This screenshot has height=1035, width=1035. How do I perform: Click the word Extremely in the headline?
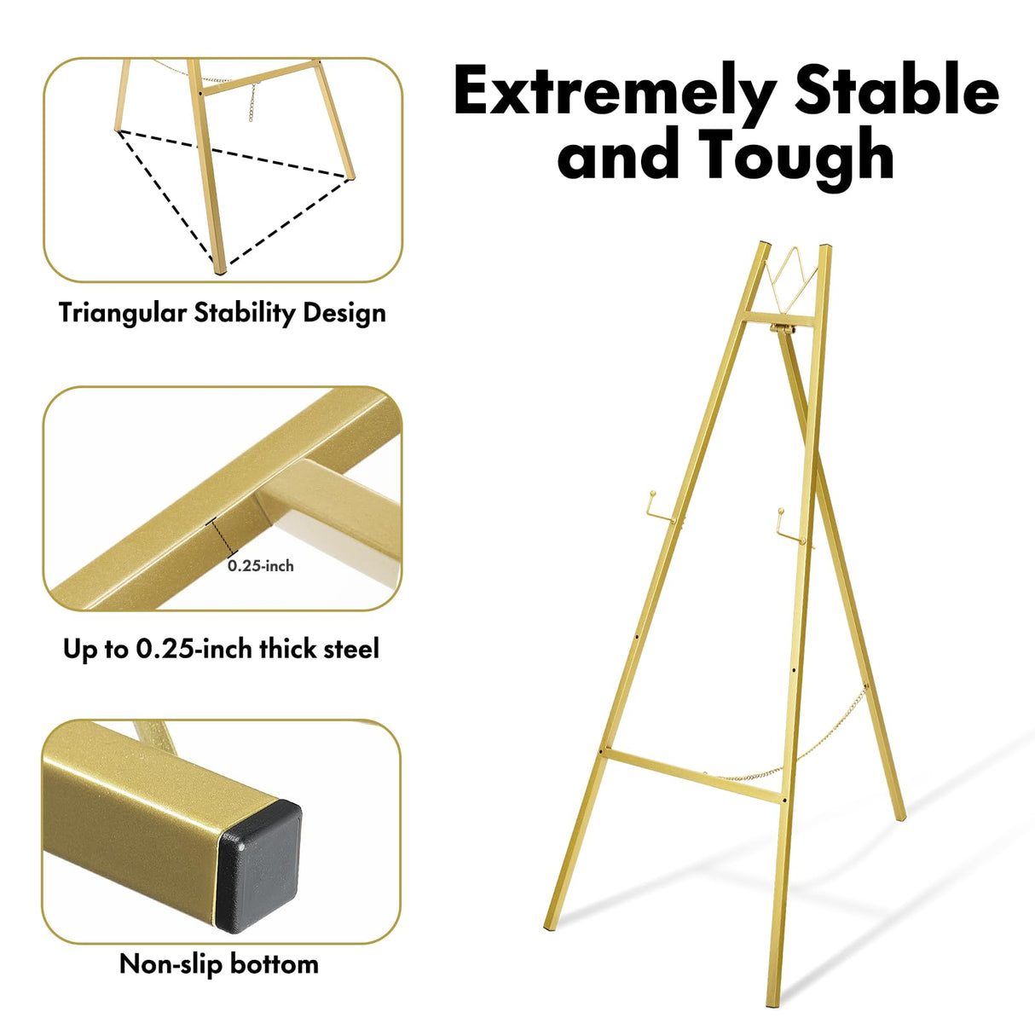click(x=614, y=92)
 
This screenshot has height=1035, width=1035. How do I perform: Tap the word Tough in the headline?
click(x=796, y=156)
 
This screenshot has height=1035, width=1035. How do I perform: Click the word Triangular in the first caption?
click(x=122, y=313)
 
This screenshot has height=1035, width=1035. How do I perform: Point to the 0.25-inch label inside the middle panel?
click(x=261, y=565)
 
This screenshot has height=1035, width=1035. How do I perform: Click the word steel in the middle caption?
click(x=344, y=649)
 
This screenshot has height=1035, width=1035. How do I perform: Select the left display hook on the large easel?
click(x=660, y=506)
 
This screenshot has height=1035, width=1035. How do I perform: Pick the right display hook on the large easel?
click(x=789, y=525)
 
